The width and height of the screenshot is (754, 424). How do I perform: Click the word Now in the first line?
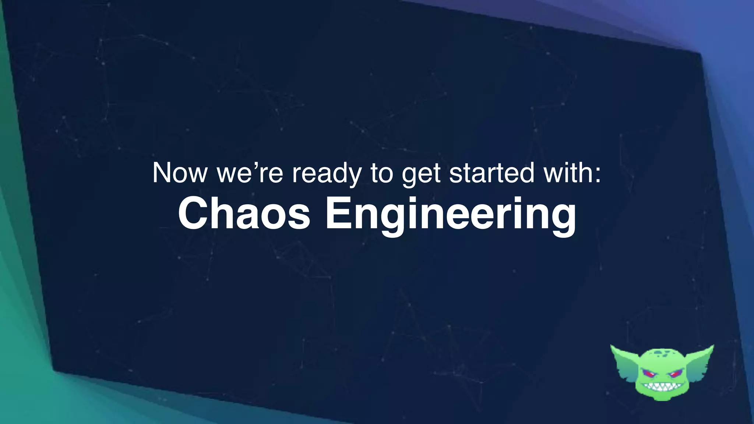180,173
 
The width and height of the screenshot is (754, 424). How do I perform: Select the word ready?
327,174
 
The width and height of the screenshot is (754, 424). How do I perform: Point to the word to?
382,173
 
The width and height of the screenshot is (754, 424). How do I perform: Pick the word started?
491,173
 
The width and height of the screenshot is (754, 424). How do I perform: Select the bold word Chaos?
244,214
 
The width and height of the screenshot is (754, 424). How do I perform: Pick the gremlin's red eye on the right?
676,375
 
